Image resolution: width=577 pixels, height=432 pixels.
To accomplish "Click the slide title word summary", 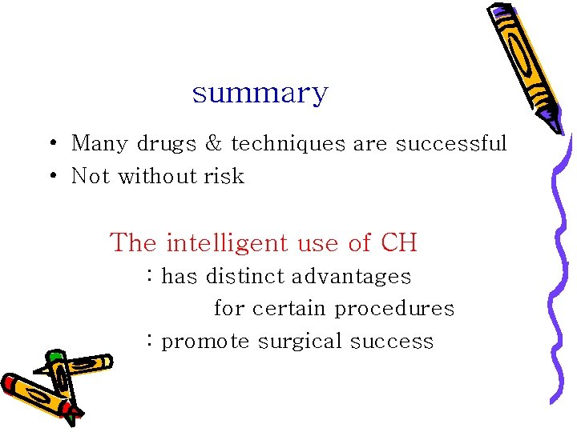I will pyautogui.click(x=260, y=94).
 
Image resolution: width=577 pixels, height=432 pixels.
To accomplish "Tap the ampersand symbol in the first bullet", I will pyautogui.click(x=214, y=144).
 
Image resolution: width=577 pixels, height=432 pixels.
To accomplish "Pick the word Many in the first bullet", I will pyautogui.click(x=100, y=144).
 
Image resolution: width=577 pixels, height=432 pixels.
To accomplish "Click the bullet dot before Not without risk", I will pyautogui.click(x=51, y=176).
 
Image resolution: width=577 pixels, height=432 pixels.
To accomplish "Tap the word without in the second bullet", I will pyautogui.click(x=154, y=176).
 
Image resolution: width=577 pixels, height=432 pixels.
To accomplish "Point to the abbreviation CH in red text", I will pyautogui.click(x=398, y=242).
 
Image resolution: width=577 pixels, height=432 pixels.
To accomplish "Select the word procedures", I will pyautogui.click(x=394, y=309).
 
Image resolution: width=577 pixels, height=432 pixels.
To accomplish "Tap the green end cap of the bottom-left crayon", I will pyautogui.click(x=55, y=356).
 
